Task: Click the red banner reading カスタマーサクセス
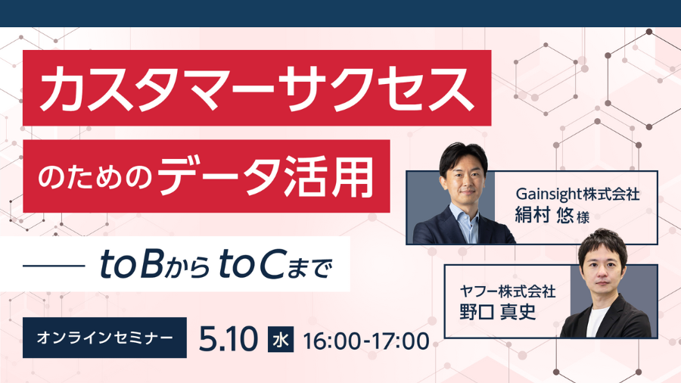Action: pos(257,88)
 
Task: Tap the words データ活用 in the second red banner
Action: pos(266,176)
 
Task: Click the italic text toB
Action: pos(132,264)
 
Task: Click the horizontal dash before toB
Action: pos(54,265)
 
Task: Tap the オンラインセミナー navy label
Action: pos(104,338)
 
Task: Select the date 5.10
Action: pos(229,339)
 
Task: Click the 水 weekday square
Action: pos(281,339)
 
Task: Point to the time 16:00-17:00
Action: pos(366,341)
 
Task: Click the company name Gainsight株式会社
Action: pos(577,194)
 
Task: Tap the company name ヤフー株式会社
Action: pos(508,291)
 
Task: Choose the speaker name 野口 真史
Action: pos(497,312)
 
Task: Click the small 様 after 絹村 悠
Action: pos(583,216)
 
